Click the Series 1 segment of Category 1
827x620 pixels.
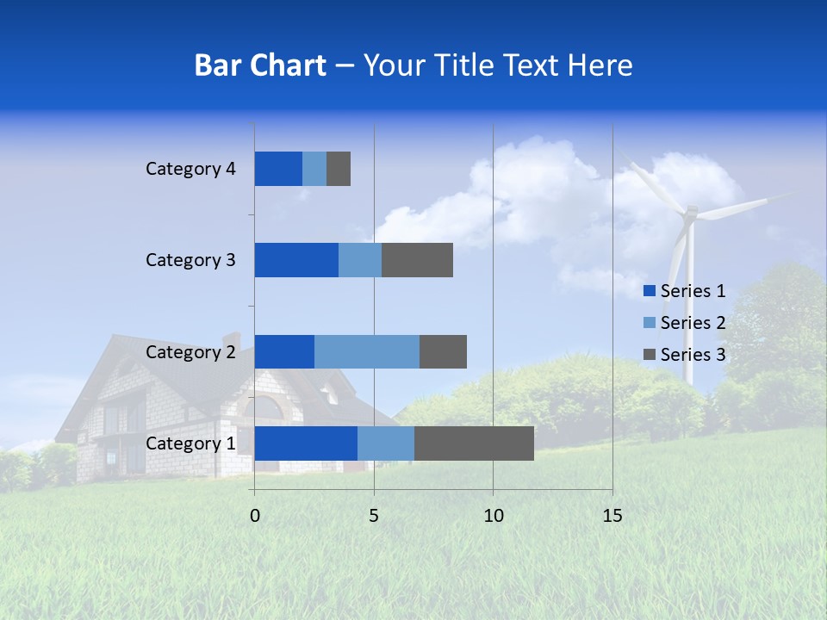coord(306,443)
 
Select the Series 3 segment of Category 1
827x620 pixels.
coord(474,443)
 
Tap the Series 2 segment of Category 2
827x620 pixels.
coord(367,351)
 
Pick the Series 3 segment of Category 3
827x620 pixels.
coord(417,260)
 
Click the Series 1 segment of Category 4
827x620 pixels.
coord(278,169)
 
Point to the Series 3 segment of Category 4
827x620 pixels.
coord(339,169)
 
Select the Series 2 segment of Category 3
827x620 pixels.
coord(360,260)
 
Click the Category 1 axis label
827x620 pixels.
coord(190,443)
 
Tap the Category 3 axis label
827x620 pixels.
coord(190,260)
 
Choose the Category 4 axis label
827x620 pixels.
coord(190,169)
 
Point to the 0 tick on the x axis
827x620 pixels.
coord(255,516)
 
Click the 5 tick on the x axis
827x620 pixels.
coord(374,516)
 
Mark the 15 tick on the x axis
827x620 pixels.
coord(612,516)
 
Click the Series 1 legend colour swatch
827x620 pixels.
coord(649,291)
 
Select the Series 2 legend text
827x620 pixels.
coord(693,323)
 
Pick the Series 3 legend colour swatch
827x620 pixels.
coord(649,355)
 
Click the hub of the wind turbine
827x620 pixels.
coord(689,212)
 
